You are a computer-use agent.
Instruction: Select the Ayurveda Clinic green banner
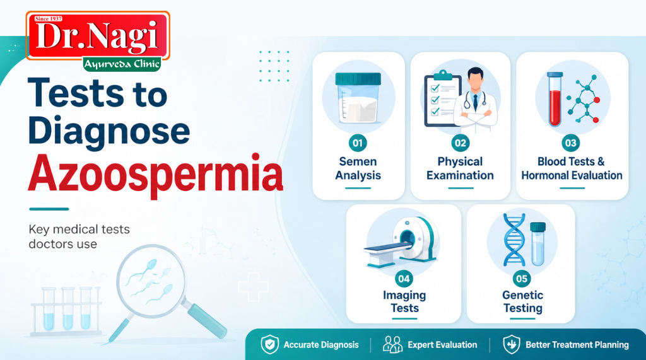click(122, 64)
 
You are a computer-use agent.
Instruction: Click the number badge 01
click(358, 143)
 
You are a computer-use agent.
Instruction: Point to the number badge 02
click(461, 143)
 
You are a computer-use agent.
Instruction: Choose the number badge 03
click(571, 143)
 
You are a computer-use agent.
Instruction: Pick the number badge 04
click(404, 278)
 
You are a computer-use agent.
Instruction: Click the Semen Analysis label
click(358, 168)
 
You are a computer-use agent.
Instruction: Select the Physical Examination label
click(460, 168)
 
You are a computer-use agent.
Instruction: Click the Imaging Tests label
click(404, 301)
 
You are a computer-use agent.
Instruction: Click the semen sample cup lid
click(358, 79)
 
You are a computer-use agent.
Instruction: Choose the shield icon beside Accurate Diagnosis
click(270, 344)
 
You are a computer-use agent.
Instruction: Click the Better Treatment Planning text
click(577, 345)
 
